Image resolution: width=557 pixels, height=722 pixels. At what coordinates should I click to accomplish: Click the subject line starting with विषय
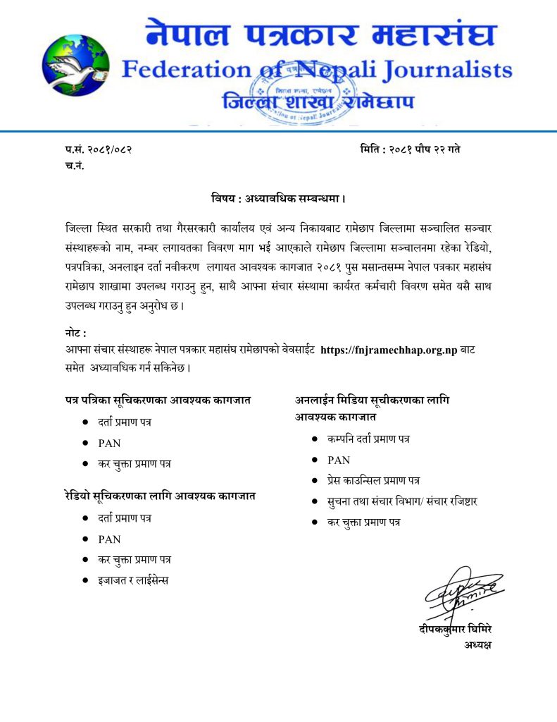click(x=278, y=198)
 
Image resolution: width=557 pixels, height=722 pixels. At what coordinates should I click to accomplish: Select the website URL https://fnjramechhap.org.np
click(x=389, y=350)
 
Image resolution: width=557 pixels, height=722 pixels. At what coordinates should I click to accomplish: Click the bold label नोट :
click(x=75, y=333)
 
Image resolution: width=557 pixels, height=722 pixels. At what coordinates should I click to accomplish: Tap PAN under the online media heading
click(x=339, y=460)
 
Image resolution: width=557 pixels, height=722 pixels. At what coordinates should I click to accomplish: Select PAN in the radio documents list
click(x=109, y=539)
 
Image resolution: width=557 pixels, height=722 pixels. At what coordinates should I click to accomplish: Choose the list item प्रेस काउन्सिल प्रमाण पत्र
click(x=373, y=480)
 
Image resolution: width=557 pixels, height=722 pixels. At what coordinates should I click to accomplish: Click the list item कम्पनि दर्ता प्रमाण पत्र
click(x=368, y=439)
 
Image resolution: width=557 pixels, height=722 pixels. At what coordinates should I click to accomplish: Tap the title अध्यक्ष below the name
click(x=477, y=645)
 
